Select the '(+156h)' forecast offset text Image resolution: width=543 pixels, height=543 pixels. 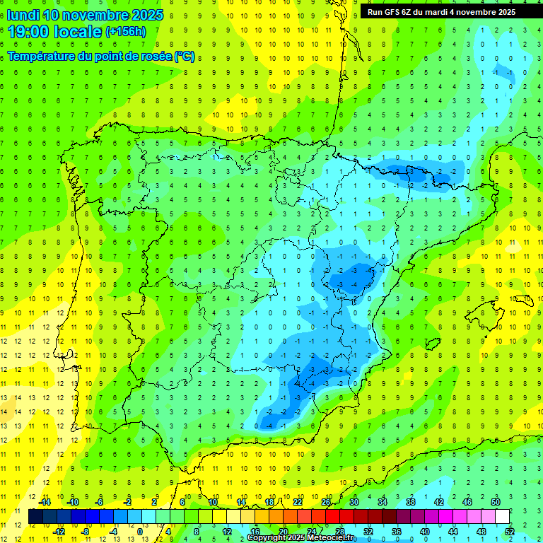(125, 32)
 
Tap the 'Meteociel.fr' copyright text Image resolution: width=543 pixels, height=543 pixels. (329, 538)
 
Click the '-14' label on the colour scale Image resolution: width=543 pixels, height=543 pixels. (44, 502)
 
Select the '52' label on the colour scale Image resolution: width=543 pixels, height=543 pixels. (509, 531)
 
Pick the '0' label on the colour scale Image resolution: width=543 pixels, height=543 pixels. (140, 531)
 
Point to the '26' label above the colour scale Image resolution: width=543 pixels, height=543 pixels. (326, 502)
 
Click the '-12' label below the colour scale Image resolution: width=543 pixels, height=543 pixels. (59, 531)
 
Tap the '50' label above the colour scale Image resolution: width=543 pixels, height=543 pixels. (495, 502)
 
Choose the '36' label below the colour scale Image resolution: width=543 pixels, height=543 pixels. (396, 531)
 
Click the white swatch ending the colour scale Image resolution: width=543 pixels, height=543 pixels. (502, 517)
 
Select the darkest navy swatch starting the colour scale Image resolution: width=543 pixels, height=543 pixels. (35, 517)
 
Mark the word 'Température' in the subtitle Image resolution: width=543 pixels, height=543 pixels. (42, 56)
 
